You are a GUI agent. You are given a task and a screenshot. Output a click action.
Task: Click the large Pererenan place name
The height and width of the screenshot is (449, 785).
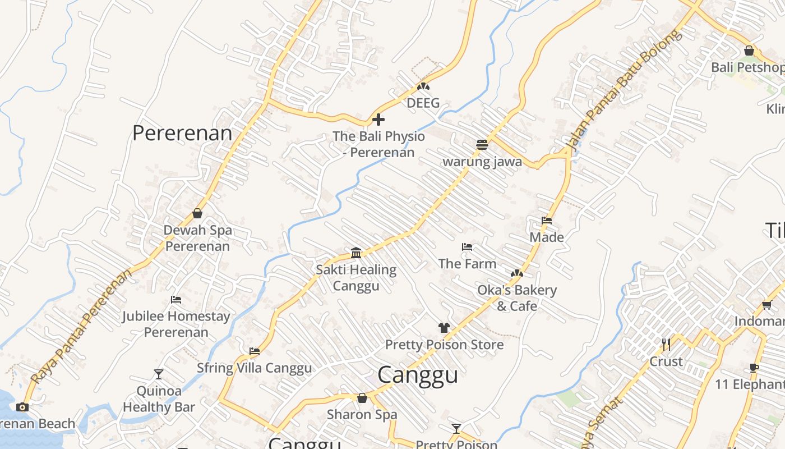click(x=182, y=134)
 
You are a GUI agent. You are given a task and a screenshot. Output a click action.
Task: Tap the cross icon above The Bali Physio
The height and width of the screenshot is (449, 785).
click(x=378, y=120)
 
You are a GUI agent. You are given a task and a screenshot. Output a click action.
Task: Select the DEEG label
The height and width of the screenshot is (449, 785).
click(x=423, y=103)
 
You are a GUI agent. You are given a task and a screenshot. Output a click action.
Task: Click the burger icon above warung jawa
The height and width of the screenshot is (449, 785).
click(x=482, y=145)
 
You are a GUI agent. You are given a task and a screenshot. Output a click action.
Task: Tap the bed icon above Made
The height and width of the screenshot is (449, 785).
click(x=547, y=221)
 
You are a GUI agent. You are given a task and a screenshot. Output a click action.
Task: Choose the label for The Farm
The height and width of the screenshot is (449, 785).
click(x=467, y=263)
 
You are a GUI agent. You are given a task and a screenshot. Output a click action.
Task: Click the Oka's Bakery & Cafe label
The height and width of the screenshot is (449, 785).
click(x=516, y=298)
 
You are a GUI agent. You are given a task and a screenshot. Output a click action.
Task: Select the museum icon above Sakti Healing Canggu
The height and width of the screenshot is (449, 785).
click(x=356, y=253)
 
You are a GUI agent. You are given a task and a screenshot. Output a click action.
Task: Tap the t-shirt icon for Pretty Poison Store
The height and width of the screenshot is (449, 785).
click(x=444, y=328)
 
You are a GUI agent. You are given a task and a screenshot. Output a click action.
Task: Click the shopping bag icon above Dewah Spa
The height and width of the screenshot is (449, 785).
click(x=197, y=213)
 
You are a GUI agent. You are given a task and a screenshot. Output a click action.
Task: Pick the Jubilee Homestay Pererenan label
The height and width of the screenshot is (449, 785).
click(x=176, y=324)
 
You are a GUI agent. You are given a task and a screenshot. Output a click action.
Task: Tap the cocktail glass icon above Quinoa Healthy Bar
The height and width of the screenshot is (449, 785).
click(x=159, y=374)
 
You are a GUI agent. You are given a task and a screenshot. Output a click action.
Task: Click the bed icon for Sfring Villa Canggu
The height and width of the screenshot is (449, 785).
click(x=255, y=351)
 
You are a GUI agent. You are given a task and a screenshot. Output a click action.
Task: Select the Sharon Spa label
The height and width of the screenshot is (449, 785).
click(x=362, y=415)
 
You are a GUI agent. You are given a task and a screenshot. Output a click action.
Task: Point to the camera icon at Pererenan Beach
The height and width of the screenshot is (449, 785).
click(x=22, y=407)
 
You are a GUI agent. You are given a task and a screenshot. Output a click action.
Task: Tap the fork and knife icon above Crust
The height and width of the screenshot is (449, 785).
click(x=666, y=344)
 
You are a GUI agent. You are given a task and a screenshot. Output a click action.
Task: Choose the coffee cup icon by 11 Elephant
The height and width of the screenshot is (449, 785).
click(x=754, y=368)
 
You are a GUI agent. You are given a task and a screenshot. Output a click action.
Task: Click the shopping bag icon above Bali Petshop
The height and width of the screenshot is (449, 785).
click(x=749, y=51)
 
